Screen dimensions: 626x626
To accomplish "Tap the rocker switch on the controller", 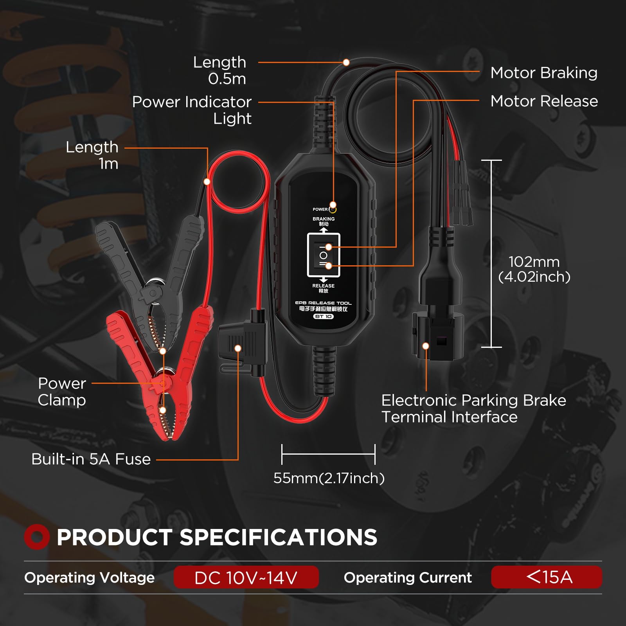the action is (x=324, y=255).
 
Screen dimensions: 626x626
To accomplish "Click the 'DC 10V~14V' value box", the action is (x=246, y=577).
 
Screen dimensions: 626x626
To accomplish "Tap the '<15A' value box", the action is (x=547, y=577).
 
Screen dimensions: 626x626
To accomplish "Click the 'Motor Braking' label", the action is (x=544, y=73).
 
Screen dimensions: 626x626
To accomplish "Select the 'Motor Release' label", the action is (x=544, y=101).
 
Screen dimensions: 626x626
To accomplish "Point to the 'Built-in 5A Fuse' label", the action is (x=91, y=459).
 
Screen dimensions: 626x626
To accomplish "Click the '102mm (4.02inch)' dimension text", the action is (x=534, y=269).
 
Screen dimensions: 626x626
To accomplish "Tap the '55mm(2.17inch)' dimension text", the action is (x=329, y=478).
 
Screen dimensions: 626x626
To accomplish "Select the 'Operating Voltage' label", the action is (x=89, y=578).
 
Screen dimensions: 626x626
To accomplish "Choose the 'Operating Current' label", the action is (x=408, y=578).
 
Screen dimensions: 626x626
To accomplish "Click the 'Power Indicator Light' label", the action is (x=192, y=110).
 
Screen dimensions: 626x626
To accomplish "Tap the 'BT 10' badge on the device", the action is (x=324, y=317).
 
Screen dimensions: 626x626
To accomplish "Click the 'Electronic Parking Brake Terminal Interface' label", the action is (x=473, y=408).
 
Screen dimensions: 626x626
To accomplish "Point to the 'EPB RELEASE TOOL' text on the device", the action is (x=323, y=303).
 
